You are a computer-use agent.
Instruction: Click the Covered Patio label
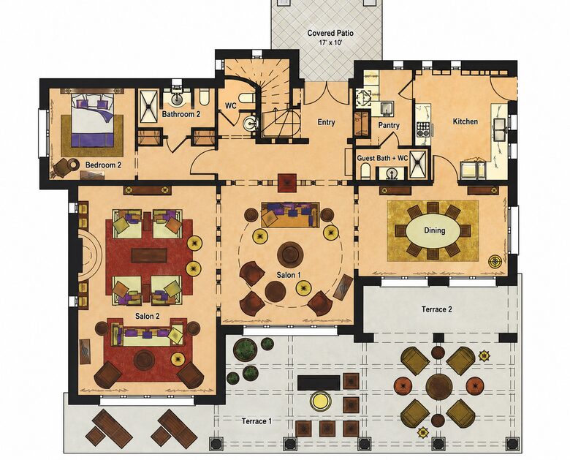(330, 33)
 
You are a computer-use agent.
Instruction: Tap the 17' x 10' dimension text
(330, 42)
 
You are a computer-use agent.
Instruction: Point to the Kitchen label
(465, 121)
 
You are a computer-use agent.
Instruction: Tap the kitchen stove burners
(423, 129)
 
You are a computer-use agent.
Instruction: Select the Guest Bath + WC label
(382, 158)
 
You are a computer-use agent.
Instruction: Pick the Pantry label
(389, 125)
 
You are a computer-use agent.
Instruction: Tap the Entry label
(326, 122)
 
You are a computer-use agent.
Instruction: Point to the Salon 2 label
(147, 316)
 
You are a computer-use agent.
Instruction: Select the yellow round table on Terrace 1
(321, 401)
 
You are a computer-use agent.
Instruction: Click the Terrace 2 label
(436, 309)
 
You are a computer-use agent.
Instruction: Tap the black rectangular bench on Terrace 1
(319, 382)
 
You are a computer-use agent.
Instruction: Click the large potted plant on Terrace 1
(246, 349)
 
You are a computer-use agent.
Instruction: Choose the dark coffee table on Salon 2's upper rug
(149, 255)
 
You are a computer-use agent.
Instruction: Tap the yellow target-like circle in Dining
(495, 261)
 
